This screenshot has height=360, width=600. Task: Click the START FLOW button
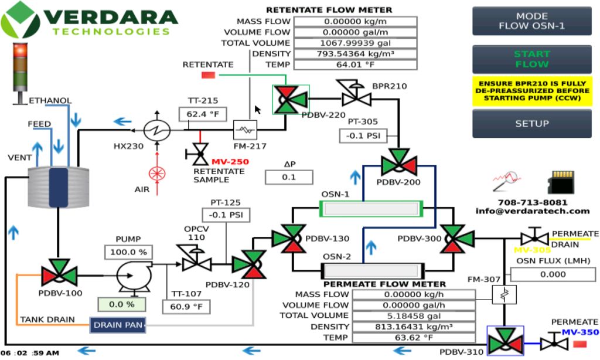[531, 59]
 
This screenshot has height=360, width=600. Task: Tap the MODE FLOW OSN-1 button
[531, 21]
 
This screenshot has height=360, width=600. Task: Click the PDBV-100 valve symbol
[59, 274]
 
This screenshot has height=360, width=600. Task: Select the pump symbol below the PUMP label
[131, 274]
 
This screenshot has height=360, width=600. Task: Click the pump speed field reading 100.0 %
[127, 253]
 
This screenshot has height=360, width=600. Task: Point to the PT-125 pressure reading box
[226, 214]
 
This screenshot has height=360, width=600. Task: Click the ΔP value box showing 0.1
[288, 177]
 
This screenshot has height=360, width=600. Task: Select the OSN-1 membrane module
[371, 208]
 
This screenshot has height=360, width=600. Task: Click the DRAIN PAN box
[117, 325]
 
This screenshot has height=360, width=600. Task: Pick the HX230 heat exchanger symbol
[158, 130]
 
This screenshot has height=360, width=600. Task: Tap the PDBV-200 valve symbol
[398, 162]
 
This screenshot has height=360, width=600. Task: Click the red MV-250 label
[230, 162]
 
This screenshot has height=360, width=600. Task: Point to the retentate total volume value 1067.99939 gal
[355, 43]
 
